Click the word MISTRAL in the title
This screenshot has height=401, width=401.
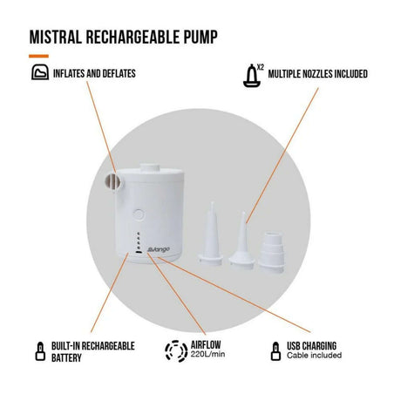(56, 37)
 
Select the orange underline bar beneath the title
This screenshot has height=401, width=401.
(38, 56)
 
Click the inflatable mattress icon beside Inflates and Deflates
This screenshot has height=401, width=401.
(40, 72)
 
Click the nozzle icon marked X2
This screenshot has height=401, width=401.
(252, 76)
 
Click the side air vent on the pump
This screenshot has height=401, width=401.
(112, 182)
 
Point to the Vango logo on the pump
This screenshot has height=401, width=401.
(159, 249)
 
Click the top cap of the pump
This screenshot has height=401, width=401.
(150, 168)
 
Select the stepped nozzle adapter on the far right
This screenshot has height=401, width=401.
(272, 252)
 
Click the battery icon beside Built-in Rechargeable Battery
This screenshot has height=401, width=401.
(40, 351)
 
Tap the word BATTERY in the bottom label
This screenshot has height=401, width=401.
(66, 357)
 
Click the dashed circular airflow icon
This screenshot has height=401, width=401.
(176, 351)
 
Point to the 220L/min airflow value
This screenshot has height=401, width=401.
(207, 354)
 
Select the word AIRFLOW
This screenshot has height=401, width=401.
(206, 345)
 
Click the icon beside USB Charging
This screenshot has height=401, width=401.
(275, 351)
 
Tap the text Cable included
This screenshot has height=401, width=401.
(314, 356)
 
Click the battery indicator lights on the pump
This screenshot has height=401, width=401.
(139, 242)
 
